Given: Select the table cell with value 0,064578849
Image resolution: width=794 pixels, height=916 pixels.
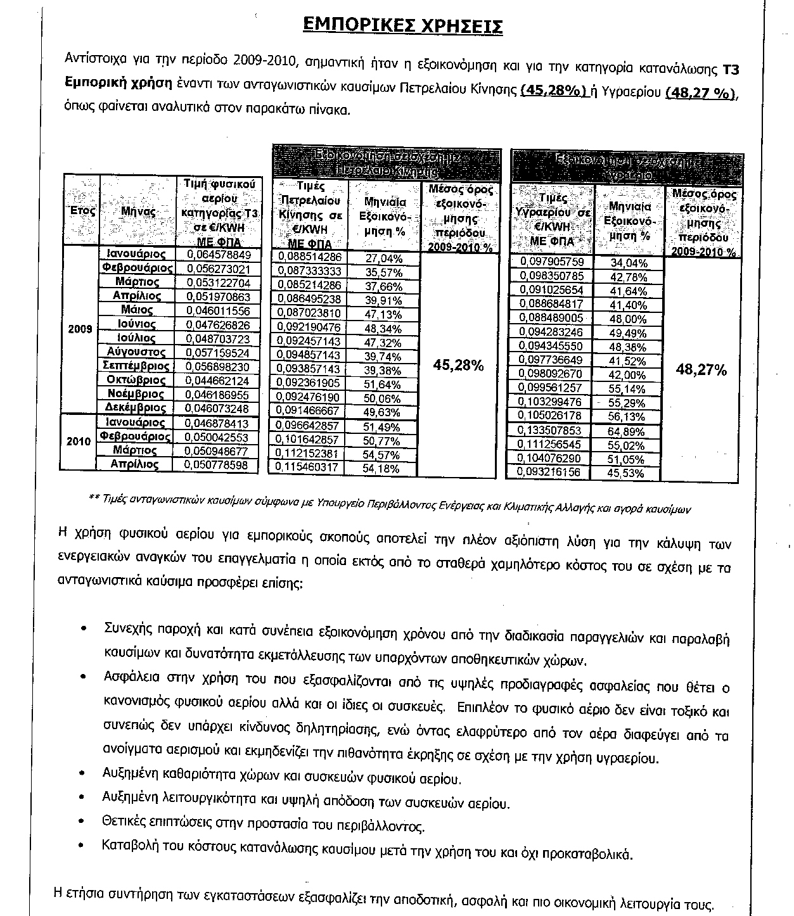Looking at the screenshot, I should (219, 255).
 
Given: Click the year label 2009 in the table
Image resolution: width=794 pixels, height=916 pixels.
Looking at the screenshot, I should (80, 329).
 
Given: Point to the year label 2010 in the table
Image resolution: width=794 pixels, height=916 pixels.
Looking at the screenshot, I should (80, 442).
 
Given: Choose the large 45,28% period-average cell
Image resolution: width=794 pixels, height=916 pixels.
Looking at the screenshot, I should (458, 366).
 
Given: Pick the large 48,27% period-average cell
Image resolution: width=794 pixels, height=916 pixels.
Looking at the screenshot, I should (701, 370).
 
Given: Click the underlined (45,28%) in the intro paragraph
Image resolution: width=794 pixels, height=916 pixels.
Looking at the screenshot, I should (553, 91).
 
